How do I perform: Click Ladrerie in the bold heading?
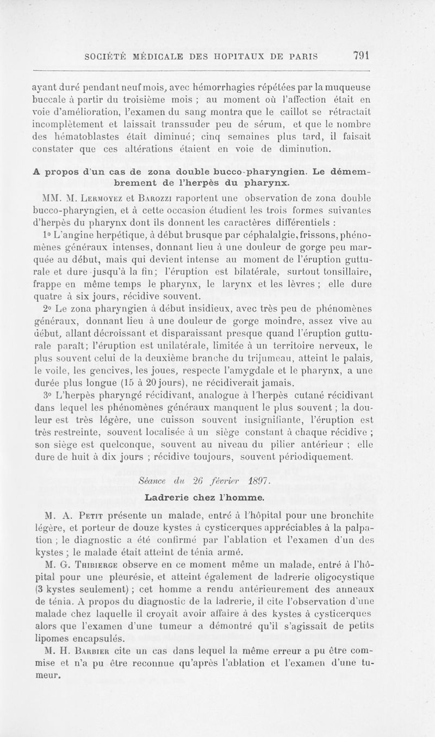(167, 497)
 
